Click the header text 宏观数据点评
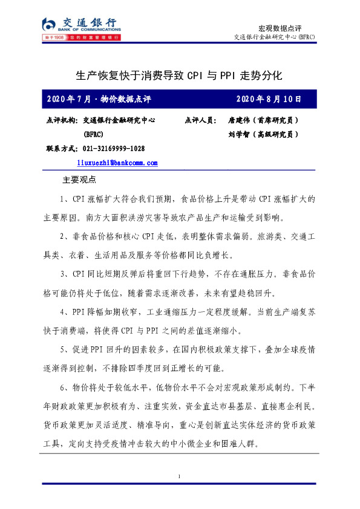(280, 28)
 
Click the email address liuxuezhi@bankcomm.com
(117, 163)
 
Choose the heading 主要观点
(80, 180)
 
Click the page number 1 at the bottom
(180, 478)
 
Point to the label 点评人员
(200, 120)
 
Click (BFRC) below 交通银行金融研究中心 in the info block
(94, 134)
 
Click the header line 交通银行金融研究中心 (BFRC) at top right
(274, 37)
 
